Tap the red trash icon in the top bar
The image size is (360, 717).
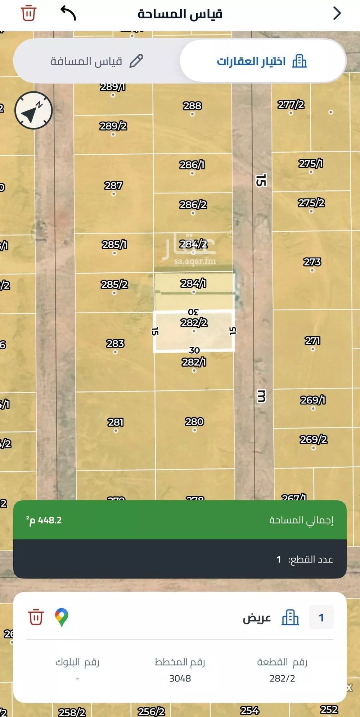28,14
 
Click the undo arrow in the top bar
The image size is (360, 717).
68,14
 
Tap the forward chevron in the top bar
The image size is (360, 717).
337,14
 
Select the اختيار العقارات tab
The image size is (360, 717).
262,62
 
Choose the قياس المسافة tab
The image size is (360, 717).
96,62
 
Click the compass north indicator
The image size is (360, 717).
33,110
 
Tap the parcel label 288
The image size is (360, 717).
192,106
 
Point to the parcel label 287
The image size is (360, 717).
113,186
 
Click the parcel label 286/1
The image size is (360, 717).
192,165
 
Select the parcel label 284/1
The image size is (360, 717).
193,284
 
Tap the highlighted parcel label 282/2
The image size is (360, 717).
194,323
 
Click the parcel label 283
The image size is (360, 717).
115,344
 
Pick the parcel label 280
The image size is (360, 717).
194,422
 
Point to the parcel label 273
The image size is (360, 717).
312,262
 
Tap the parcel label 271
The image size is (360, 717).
312,341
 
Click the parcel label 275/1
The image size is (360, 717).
311,164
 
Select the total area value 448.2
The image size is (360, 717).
45,520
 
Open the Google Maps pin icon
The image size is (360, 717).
62,617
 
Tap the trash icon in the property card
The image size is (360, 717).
36,617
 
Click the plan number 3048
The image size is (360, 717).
180,679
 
